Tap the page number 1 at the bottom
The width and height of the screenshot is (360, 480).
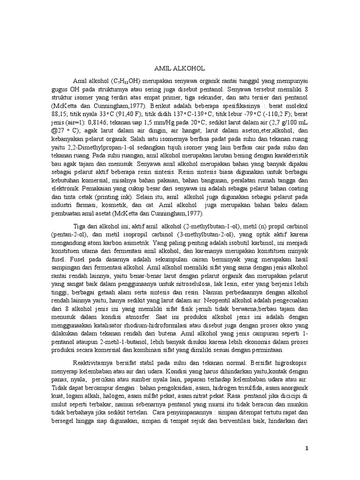(x=307, y=449)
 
